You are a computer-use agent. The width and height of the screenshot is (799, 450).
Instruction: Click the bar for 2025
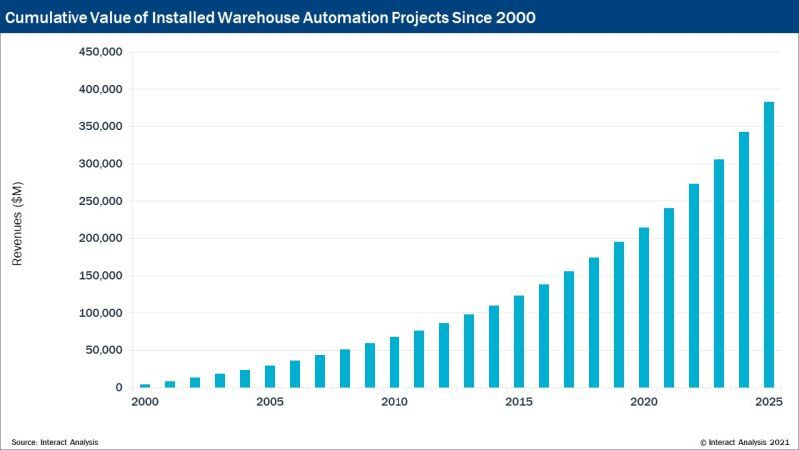[769, 245]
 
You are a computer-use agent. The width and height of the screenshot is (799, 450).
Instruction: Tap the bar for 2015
[519, 342]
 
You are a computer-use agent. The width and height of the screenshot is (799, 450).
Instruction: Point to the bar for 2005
[270, 377]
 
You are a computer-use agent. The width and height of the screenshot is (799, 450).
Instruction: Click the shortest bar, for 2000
[145, 385]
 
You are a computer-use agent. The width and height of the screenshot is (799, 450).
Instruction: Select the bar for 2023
[719, 273]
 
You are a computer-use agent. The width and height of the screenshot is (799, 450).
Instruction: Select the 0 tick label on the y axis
[119, 388]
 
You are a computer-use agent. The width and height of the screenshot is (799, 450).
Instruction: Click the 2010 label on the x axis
[395, 402]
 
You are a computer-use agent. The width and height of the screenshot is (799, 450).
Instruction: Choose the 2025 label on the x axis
[769, 402]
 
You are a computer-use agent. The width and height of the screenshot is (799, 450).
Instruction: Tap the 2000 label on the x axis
[145, 402]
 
